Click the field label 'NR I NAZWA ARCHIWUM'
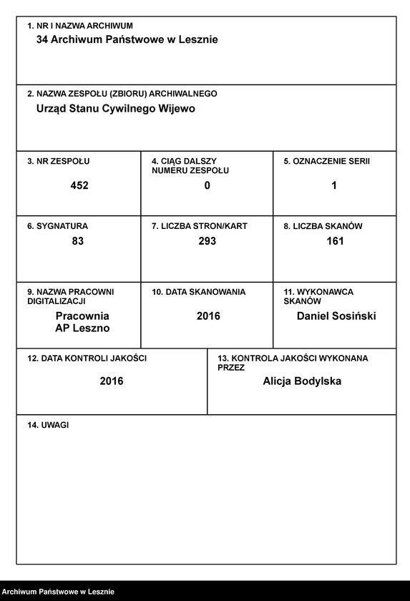84,26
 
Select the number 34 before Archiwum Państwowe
42,40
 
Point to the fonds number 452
79,185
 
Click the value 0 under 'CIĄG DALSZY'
208,185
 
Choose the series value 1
334,185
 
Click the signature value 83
78,241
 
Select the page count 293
208,241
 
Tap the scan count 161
335,241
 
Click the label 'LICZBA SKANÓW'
327,226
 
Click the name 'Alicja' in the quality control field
278,381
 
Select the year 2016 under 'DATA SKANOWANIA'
208,316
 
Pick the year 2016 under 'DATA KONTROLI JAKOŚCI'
112,381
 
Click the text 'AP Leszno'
82,328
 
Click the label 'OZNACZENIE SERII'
331,162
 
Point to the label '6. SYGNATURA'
57,226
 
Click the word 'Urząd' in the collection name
51,109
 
